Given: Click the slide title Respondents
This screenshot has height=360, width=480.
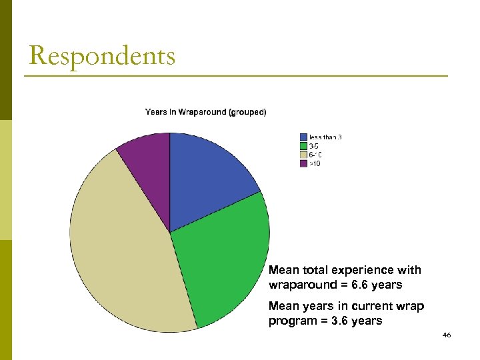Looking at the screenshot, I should click(102, 56).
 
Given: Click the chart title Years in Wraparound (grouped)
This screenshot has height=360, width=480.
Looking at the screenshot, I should click(205, 112).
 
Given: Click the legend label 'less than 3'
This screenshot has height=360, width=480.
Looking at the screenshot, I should click(325, 138).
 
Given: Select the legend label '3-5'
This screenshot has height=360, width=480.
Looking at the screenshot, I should click(313, 146).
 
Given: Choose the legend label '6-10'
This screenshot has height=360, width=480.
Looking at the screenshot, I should click(315, 155).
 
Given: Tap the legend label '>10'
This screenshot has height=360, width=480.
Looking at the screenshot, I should click(314, 163).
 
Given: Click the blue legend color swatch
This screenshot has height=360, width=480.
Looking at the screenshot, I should click(303, 138).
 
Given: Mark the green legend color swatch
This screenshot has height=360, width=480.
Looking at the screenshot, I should click(303, 146).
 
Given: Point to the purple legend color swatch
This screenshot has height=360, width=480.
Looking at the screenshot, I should click(303, 163).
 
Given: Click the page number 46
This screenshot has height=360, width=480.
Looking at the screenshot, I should click(446, 335).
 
